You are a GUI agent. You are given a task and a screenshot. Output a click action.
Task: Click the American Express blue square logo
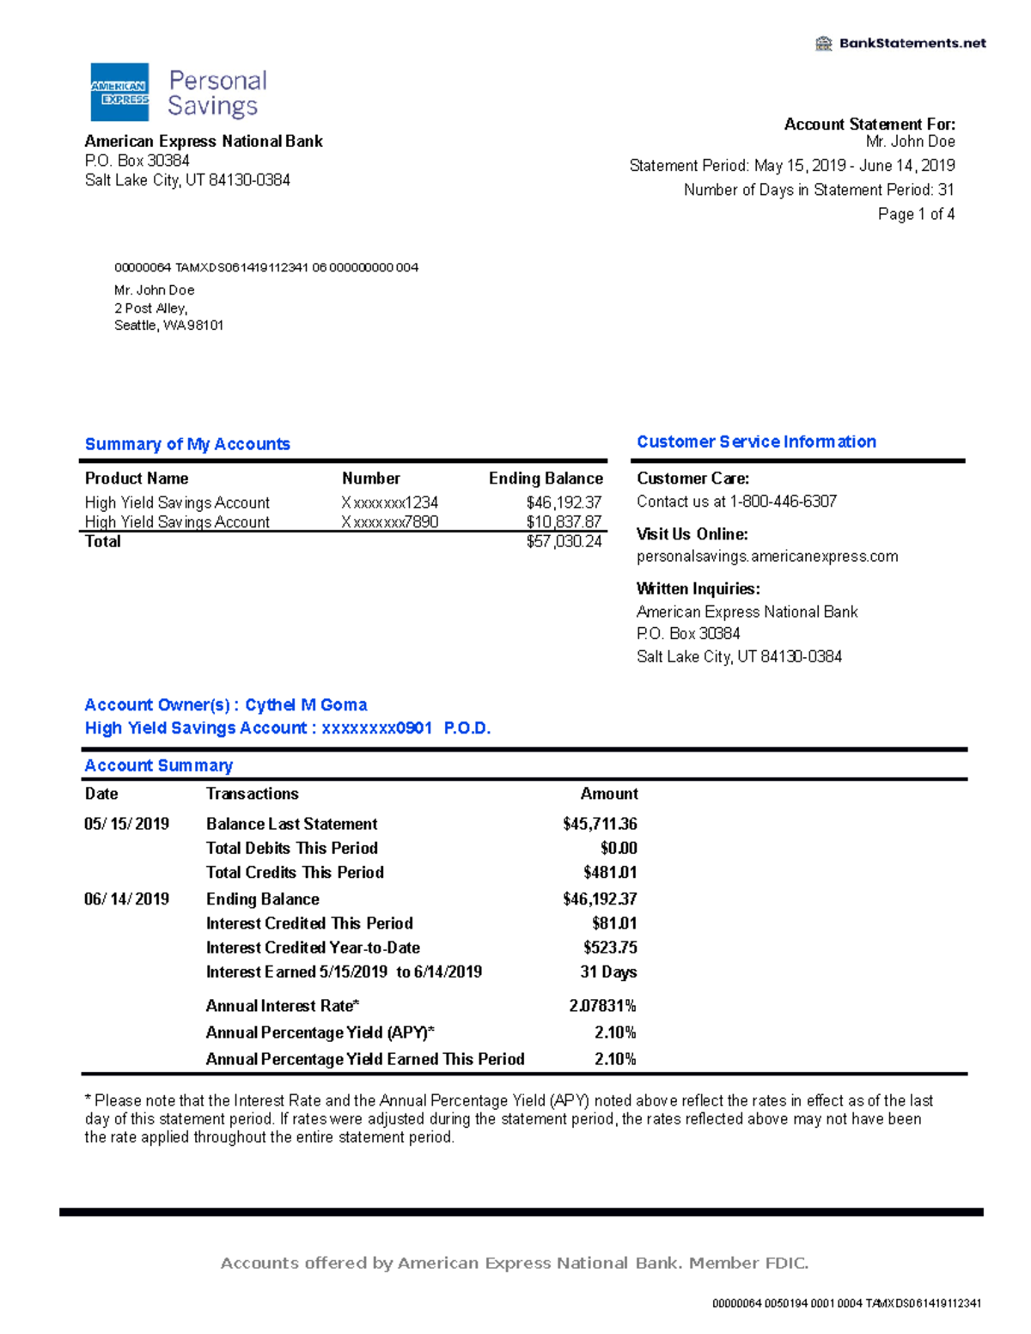tap(119, 92)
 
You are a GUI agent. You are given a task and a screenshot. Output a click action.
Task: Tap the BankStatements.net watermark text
tap(912, 43)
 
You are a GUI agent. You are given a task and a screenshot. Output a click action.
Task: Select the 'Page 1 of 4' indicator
tap(916, 214)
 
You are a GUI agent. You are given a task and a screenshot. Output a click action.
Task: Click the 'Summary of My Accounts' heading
tap(187, 444)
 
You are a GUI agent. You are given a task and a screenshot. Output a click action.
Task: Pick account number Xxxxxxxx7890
tap(390, 522)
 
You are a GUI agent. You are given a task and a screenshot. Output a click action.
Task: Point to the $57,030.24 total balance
tap(564, 542)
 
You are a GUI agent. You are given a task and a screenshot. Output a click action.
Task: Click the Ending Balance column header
tap(546, 478)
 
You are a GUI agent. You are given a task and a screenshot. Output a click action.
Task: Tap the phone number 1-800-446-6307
tap(783, 502)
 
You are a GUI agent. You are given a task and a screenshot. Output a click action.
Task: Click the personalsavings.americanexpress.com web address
tap(767, 557)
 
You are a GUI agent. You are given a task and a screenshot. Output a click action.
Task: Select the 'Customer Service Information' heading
tap(756, 442)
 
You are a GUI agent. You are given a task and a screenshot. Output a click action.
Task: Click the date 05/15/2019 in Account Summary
tap(126, 824)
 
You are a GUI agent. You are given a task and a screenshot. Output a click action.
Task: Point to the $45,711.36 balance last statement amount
tap(600, 824)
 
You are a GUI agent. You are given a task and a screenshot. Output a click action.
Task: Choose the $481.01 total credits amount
tap(610, 873)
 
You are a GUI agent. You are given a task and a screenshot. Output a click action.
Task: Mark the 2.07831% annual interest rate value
tap(602, 1006)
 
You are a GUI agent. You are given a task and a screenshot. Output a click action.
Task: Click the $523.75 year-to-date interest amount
tap(610, 948)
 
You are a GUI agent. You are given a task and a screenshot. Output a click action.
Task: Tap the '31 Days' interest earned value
tap(608, 972)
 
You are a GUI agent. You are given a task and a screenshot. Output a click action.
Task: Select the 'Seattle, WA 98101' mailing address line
tap(169, 326)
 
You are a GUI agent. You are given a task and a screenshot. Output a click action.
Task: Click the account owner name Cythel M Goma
tap(306, 705)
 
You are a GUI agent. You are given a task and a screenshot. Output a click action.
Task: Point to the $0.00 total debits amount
tap(619, 849)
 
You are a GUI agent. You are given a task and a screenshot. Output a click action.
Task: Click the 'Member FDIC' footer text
tap(748, 1263)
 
